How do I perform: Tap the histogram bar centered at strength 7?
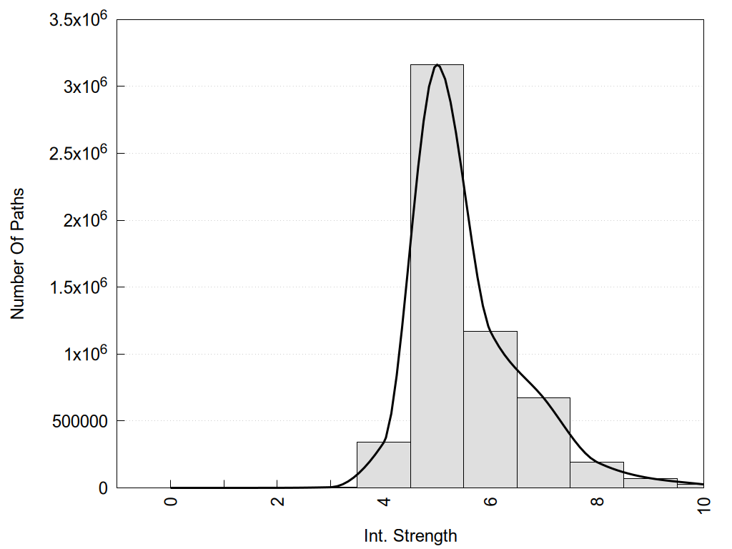point(543,442)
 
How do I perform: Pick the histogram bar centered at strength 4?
point(383,465)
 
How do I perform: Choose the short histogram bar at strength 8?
point(597,475)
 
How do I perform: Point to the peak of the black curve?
point(437,65)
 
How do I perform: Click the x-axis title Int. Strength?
point(410,535)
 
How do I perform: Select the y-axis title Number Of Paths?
point(17,253)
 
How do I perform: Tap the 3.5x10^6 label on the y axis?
point(78,19)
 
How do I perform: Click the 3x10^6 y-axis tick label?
point(84,86)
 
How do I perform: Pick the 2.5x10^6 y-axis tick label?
point(78,153)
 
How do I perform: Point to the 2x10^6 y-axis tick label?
point(84,220)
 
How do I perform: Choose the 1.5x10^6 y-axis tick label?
point(78,287)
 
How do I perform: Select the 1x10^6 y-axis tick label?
point(84,354)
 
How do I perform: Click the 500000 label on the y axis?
point(79,421)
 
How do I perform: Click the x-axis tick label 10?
point(703,503)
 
